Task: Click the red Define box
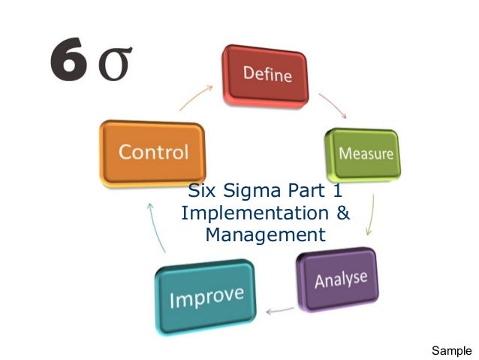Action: coord(266,75)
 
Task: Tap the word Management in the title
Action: coord(265,235)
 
